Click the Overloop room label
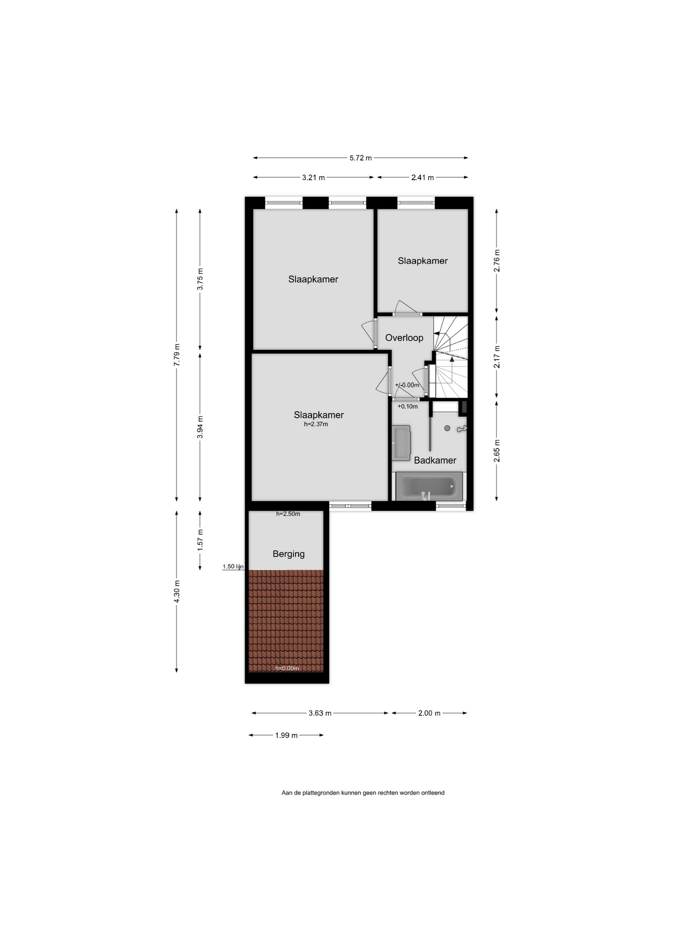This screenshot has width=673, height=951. click(404, 338)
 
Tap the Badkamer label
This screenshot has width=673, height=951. click(435, 460)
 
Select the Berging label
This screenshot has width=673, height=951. click(288, 554)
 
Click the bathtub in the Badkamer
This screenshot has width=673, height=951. click(429, 486)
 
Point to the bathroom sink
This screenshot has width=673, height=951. click(401, 442)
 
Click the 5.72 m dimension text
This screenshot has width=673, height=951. click(360, 158)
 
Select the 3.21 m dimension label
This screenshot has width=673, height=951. click(313, 177)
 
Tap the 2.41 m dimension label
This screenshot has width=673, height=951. click(422, 177)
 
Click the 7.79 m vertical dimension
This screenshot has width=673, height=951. click(177, 355)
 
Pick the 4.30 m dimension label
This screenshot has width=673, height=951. click(177, 591)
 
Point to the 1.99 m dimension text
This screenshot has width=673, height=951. click(286, 735)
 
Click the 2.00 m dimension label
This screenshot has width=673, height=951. click(429, 713)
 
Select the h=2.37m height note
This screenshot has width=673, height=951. click(316, 424)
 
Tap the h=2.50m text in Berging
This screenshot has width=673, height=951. click(288, 514)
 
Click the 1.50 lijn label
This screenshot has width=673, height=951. click(233, 566)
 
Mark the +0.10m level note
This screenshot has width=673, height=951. click(407, 406)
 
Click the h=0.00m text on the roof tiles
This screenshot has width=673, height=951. click(287, 668)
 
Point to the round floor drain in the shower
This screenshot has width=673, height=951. click(447, 428)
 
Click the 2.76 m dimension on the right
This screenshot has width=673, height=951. click(497, 260)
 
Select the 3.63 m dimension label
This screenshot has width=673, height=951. click(320, 713)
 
